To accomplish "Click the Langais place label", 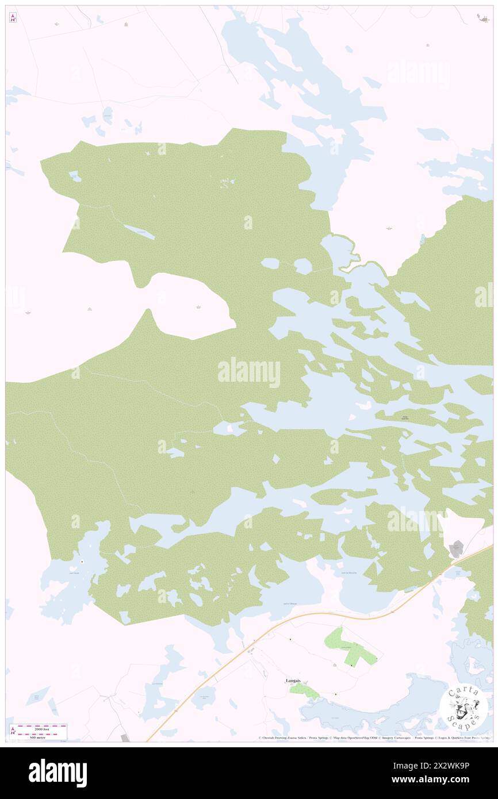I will click(293, 681).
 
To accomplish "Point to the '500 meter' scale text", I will click(39, 736).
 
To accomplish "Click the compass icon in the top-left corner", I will click(13, 18).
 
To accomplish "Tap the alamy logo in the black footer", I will click(58, 773).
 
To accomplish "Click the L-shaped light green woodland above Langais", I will click(348, 647).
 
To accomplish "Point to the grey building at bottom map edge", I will click(126, 737).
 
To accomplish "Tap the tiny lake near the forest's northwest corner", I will click(75, 176).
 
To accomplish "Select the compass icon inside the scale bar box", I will click(13, 732).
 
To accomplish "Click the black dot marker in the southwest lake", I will click(82, 561).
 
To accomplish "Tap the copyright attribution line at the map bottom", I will click(374, 737).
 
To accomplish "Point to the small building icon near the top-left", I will click(126, 24).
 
